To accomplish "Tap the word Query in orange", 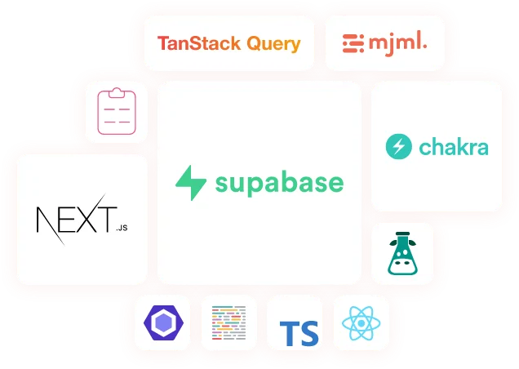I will pos(269,45).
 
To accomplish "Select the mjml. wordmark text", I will pos(397,42).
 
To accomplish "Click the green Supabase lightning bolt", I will pos(193,183).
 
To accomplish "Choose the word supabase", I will pos(279,182).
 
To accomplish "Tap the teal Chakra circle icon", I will pos(398,148).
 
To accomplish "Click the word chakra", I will pos(453,148).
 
